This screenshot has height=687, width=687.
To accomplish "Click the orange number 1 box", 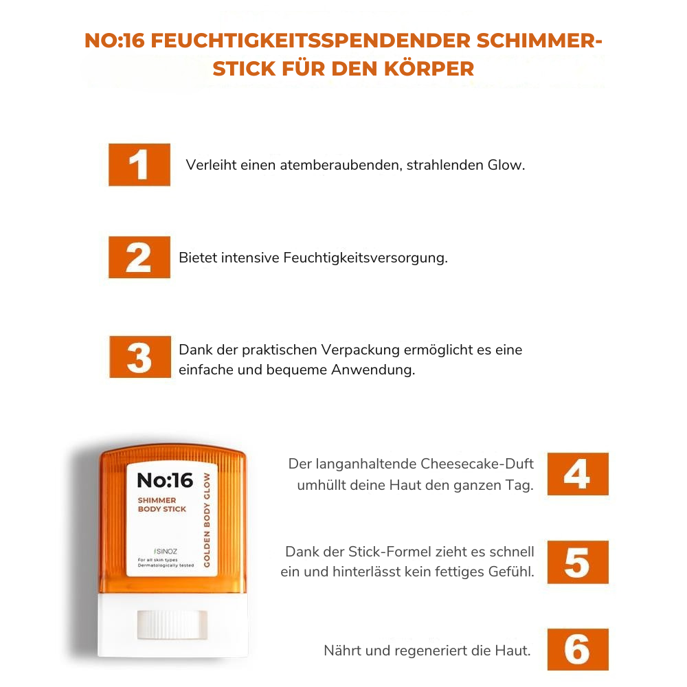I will pos(139,165).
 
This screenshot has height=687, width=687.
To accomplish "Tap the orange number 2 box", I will pos(139,258).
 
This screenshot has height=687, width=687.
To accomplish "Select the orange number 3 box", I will pos(139,357).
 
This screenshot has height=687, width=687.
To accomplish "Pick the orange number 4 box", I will pos(578,474).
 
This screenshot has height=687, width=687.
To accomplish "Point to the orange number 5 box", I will pos(578,562).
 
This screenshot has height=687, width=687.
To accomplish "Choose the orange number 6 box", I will pos(578,649).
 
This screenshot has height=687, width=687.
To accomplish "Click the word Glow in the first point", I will pos(505,166).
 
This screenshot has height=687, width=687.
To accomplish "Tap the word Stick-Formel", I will pos(388,552).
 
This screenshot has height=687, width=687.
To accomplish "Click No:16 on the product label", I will pos(165,480).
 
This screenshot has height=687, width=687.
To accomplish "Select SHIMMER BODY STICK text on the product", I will pos(161,505).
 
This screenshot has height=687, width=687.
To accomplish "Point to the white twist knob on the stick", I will pos(172,623).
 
